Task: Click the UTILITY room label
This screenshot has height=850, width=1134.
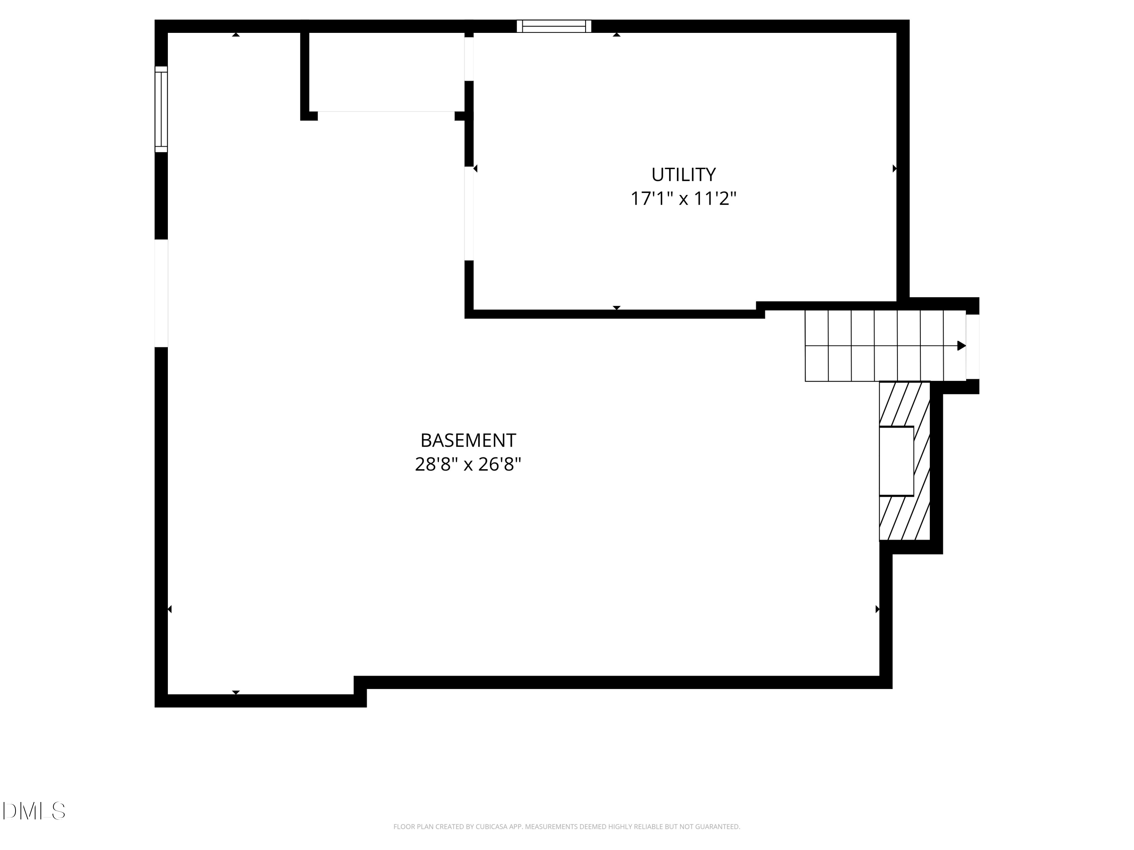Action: point(683,175)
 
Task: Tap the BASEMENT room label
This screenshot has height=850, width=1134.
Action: point(468,440)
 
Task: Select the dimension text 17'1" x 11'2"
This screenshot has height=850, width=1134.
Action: point(683,199)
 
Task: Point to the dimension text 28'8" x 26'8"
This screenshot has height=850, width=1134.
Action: point(468,465)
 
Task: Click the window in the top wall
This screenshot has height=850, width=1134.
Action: point(554,26)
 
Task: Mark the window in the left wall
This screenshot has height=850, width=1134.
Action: point(161,109)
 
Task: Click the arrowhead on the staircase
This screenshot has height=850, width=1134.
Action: point(961,346)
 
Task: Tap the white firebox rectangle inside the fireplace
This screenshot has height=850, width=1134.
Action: point(896,461)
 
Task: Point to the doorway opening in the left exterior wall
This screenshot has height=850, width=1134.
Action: point(161,293)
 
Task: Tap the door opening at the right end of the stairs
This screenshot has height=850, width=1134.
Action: point(973,346)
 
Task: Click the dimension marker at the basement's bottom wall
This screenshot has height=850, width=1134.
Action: point(236,692)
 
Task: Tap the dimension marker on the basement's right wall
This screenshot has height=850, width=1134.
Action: point(877,609)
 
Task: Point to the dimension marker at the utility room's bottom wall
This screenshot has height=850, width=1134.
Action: point(617,308)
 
